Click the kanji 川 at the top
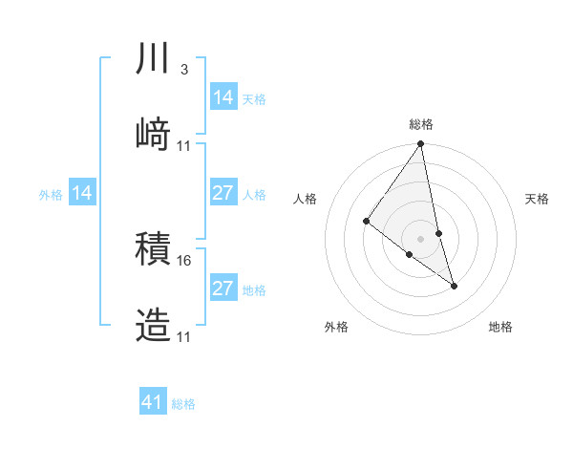coord(154,59)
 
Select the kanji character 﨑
coord(154,136)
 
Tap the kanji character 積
coord(154,249)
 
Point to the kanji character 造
coord(154,326)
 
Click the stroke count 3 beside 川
coord(183,70)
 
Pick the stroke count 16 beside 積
coord(184,260)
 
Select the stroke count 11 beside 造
coord(184,336)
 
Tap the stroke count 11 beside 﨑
coord(184,146)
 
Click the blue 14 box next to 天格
coord(223,97)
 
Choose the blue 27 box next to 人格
coord(223,193)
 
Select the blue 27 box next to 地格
coord(223,289)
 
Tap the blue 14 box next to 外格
coord(82,193)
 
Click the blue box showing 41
coord(154,402)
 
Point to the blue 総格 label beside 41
coord(183,404)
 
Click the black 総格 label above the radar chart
coord(421,124)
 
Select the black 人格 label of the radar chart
coord(306,199)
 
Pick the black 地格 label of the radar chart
coord(500,328)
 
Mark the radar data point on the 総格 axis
coord(421,145)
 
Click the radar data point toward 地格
coord(455,286)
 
